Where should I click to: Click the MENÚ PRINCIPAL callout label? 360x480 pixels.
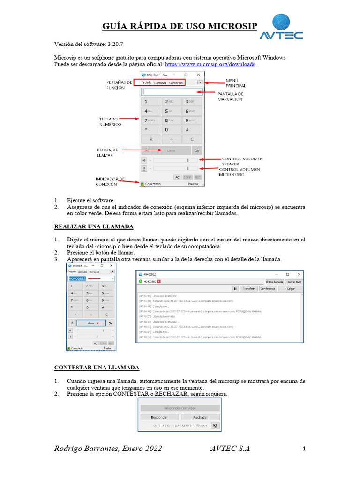click(x=236, y=83)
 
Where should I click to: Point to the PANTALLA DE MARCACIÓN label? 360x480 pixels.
click(x=230, y=97)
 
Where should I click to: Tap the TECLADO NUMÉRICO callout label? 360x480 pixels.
click(x=110, y=121)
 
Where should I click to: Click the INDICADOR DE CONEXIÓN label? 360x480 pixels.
click(x=110, y=181)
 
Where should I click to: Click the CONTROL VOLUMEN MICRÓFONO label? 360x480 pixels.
click(x=240, y=172)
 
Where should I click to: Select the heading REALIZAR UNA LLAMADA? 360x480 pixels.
click(x=94, y=226)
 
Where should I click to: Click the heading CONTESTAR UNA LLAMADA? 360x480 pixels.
click(x=97, y=367)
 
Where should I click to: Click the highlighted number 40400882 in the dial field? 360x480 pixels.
click(x=77, y=279)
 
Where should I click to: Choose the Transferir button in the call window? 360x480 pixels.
click(x=248, y=289)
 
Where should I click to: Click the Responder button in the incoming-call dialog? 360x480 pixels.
click(x=159, y=417)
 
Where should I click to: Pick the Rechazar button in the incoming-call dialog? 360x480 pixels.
click(x=200, y=417)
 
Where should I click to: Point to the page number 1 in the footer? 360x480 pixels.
click(x=304, y=449)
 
